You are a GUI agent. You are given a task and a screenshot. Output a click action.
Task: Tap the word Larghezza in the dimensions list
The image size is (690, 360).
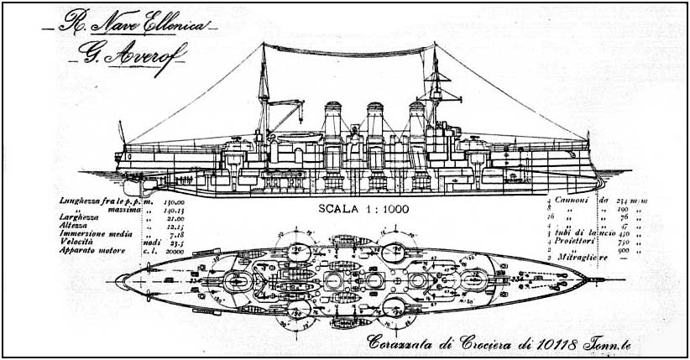(x=81, y=218)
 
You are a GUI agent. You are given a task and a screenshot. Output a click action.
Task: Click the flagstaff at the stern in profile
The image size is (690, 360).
(x=121, y=133)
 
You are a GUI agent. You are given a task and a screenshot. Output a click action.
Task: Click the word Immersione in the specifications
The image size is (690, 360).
(x=85, y=235)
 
